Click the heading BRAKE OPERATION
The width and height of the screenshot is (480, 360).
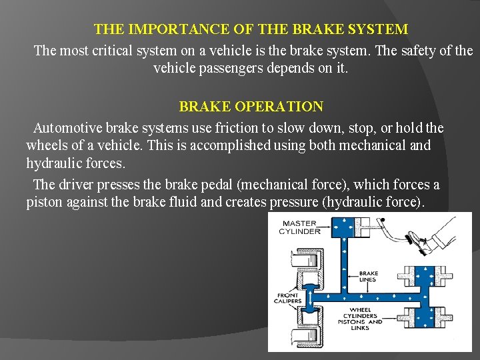coord(251,107)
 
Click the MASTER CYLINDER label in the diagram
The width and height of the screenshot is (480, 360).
coord(299,227)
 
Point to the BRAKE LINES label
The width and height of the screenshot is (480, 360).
coord(368,276)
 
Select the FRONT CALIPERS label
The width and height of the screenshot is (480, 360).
coord(287,297)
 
